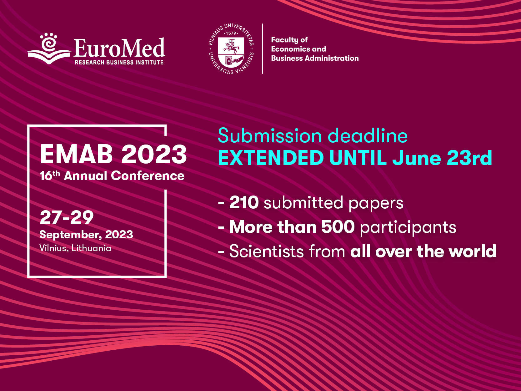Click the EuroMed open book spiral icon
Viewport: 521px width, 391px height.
pos(49,48)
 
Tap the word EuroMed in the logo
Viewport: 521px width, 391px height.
pos(119,48)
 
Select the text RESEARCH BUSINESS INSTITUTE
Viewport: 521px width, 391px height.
pos(119,63)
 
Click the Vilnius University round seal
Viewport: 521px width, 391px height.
pos(231,49)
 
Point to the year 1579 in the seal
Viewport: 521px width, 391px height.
pos(231,33)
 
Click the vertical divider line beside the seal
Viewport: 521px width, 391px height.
pos(263,49)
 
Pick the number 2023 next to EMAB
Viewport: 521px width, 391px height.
pos(154,155)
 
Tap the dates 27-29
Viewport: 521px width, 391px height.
pos(67,217)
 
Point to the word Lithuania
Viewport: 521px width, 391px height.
pos(91,248)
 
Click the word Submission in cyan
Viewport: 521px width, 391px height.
pos(270,136)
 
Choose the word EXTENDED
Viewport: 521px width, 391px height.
pos(271,157)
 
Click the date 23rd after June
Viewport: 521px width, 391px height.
pos(469,157)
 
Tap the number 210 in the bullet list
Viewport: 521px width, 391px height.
pos(244,203)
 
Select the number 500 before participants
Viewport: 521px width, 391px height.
pos(338,227)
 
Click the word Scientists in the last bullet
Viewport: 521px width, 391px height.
pos(267,251)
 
